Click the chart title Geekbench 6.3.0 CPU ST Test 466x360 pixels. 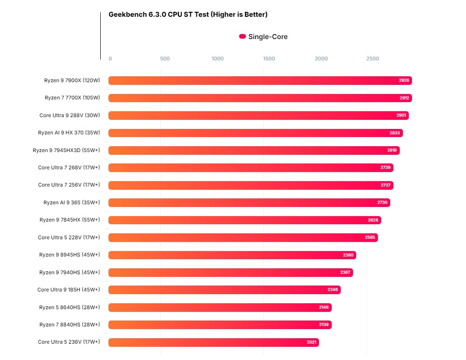[x=188, y=15]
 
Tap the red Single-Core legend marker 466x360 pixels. [x=242, y=36]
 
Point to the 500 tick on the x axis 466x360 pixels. [x=165, y=59]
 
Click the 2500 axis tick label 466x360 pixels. [x=373, y=59]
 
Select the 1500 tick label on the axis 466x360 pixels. [x=269, y=59]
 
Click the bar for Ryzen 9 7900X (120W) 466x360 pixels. [x=260, y=80]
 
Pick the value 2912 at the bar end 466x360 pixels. [x=404, y=98]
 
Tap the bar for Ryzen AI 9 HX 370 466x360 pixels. [x=255, y=133]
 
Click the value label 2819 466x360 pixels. [x=392, y=150]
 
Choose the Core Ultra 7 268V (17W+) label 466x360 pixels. [x=69, y=168]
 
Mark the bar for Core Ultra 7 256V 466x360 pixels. [x=250, y=185]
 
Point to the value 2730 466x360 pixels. [x=382, y=202]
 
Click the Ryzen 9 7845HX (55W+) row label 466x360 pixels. [x=69, y=220]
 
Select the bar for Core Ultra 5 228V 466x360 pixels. [x=243, y=237]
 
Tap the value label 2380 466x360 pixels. [x=348, y=255]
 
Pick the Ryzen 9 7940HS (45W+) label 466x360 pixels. [x=69, y=272]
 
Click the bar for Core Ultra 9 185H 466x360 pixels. [x=224, y=290]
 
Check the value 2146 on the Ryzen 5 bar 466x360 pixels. [x=324, y=307]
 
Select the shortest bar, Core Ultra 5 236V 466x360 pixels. [x=213, y=342]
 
